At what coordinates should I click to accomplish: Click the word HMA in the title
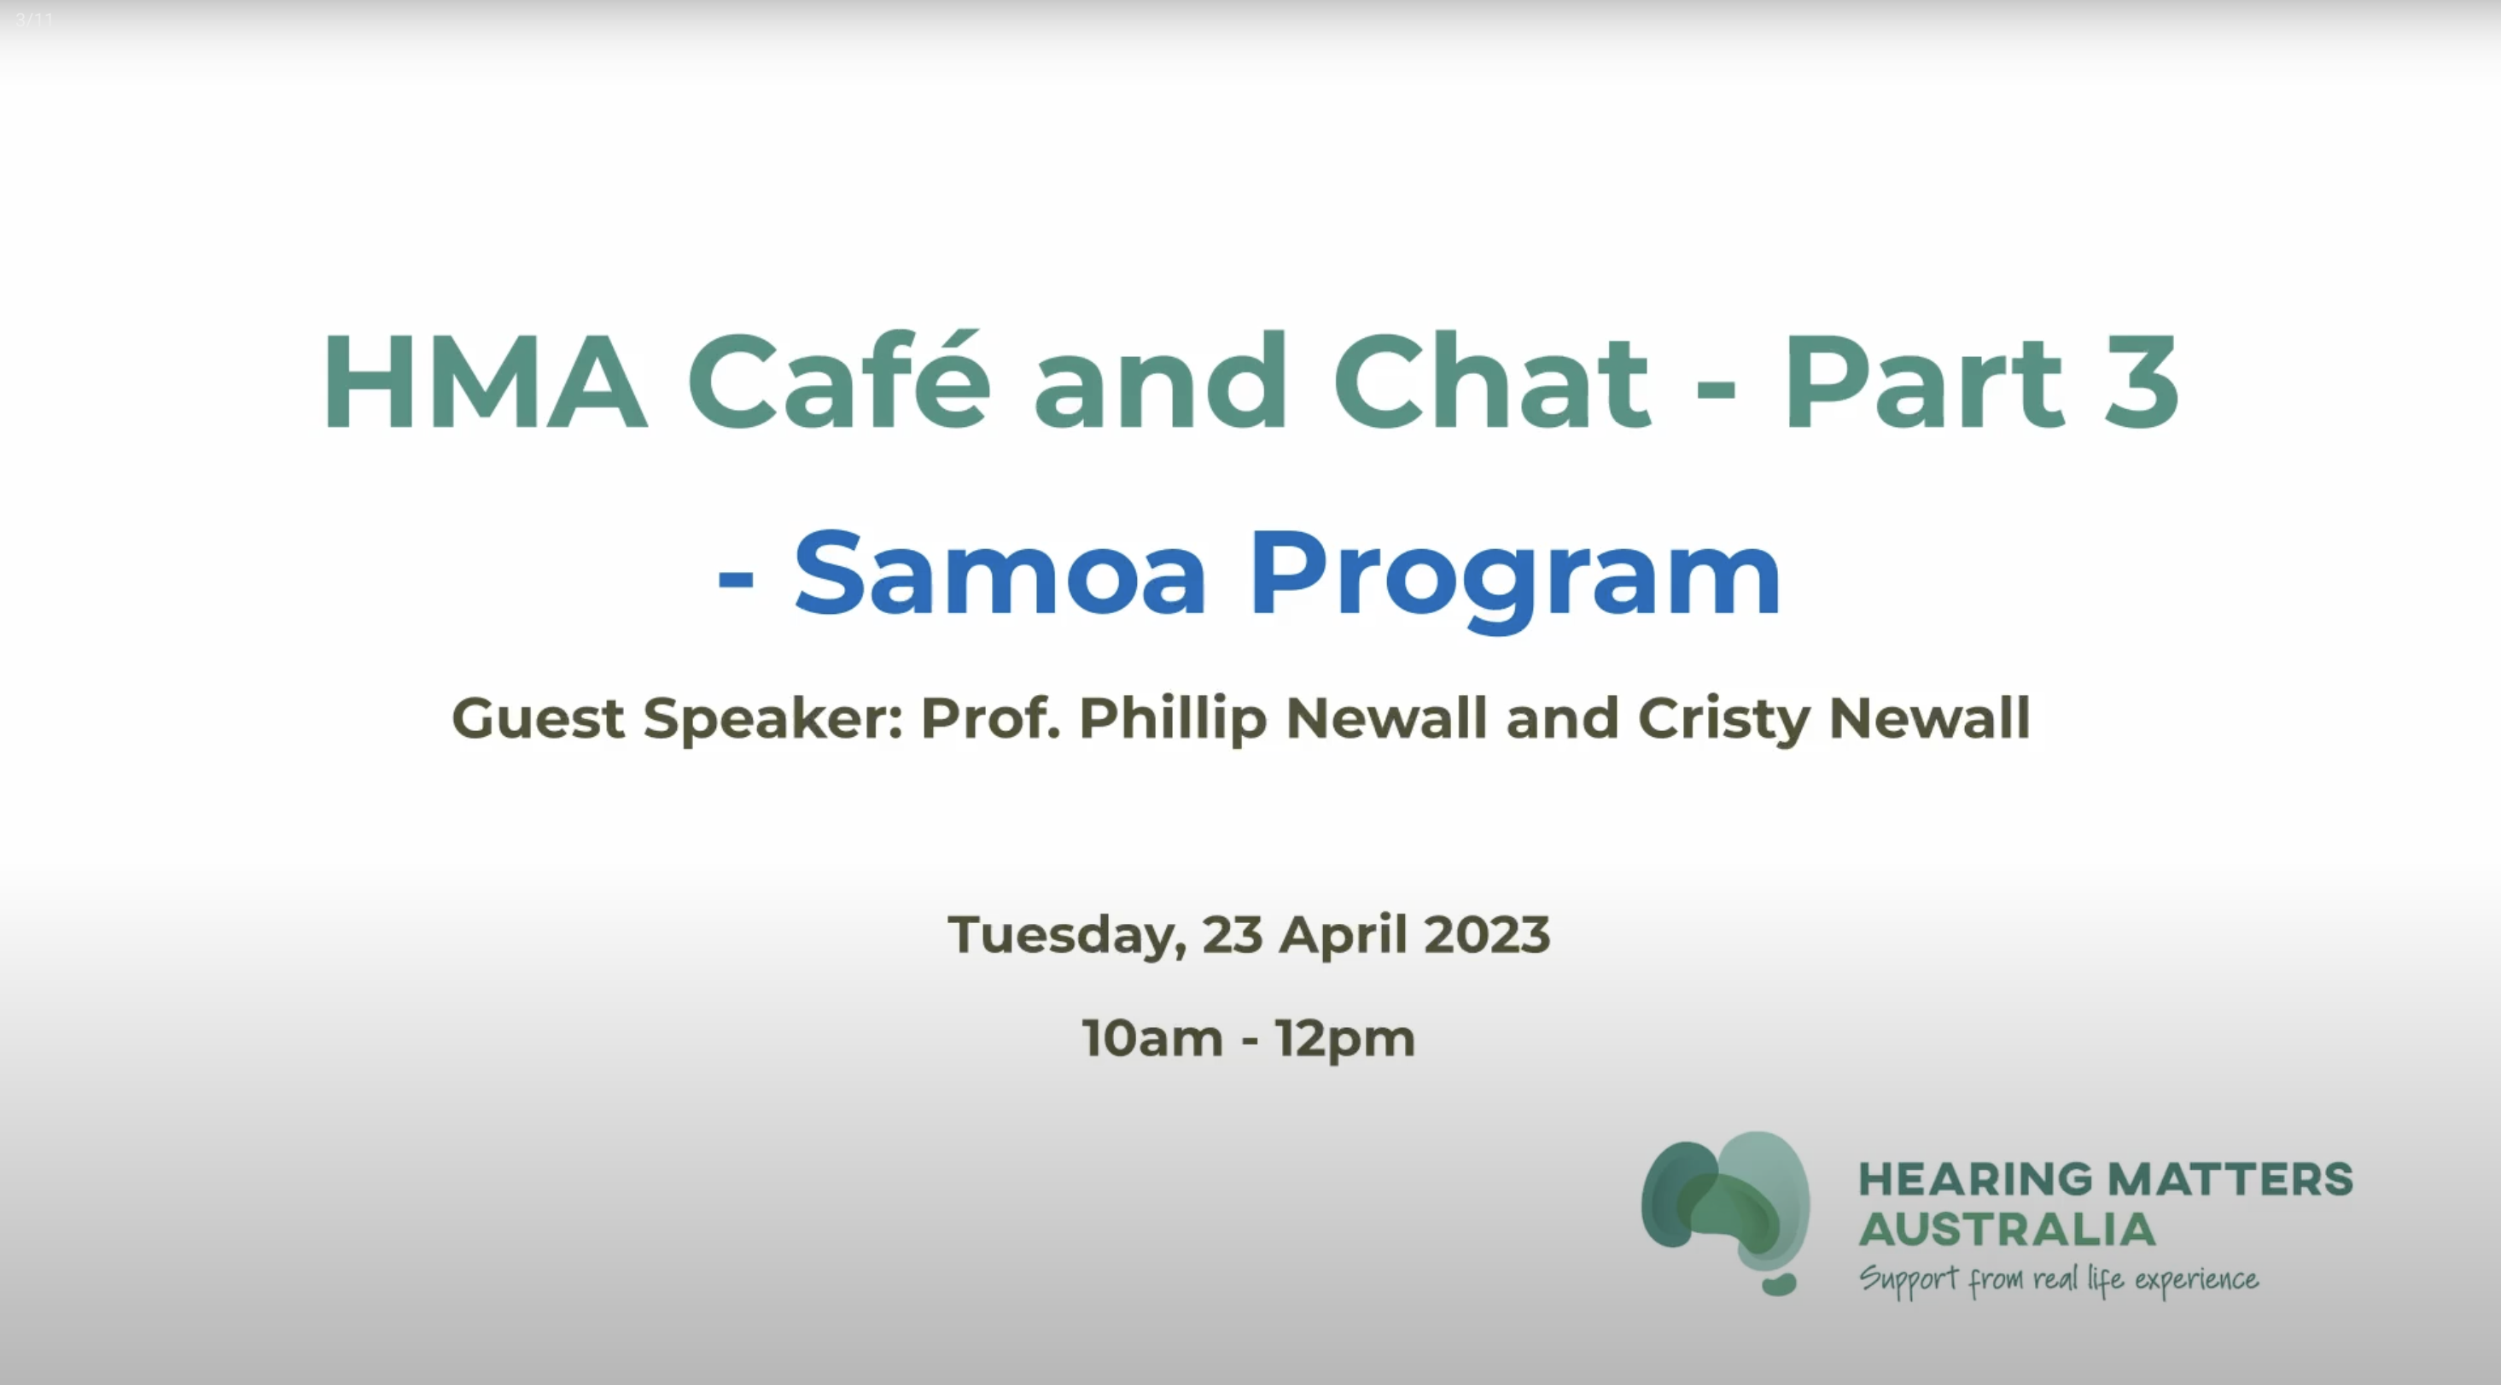[483, 382]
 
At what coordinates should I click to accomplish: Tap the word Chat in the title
[1491, 382]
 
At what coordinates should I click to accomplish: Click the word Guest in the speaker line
[538, 719]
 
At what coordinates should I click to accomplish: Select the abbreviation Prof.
[989, 719]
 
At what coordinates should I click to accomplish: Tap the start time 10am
[1152, 1038]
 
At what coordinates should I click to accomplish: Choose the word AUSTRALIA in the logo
[2007, 1230]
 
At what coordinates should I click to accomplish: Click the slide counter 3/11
[35, 19]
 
